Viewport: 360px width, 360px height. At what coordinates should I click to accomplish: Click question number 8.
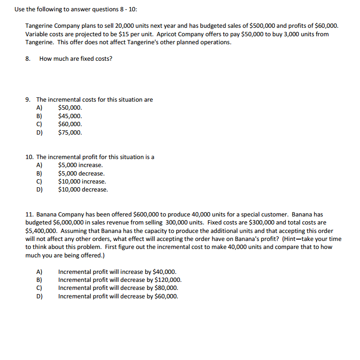(28, 59)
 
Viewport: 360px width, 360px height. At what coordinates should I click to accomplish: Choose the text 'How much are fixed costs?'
(76, 59)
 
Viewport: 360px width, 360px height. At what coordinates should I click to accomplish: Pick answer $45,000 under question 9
(70, 116)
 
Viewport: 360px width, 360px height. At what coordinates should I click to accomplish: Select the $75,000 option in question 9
(70, 132)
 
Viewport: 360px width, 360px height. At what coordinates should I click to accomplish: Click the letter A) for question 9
(39, 108)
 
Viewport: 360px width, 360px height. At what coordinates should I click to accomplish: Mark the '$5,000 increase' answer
(80, 165)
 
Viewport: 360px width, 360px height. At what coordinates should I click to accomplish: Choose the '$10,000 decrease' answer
(83, 190)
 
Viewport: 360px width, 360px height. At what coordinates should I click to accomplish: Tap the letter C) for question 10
(39, 182)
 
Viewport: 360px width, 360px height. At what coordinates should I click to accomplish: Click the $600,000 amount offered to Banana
(147, 215)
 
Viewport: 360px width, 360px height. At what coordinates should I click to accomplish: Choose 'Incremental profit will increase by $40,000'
(117, 272)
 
